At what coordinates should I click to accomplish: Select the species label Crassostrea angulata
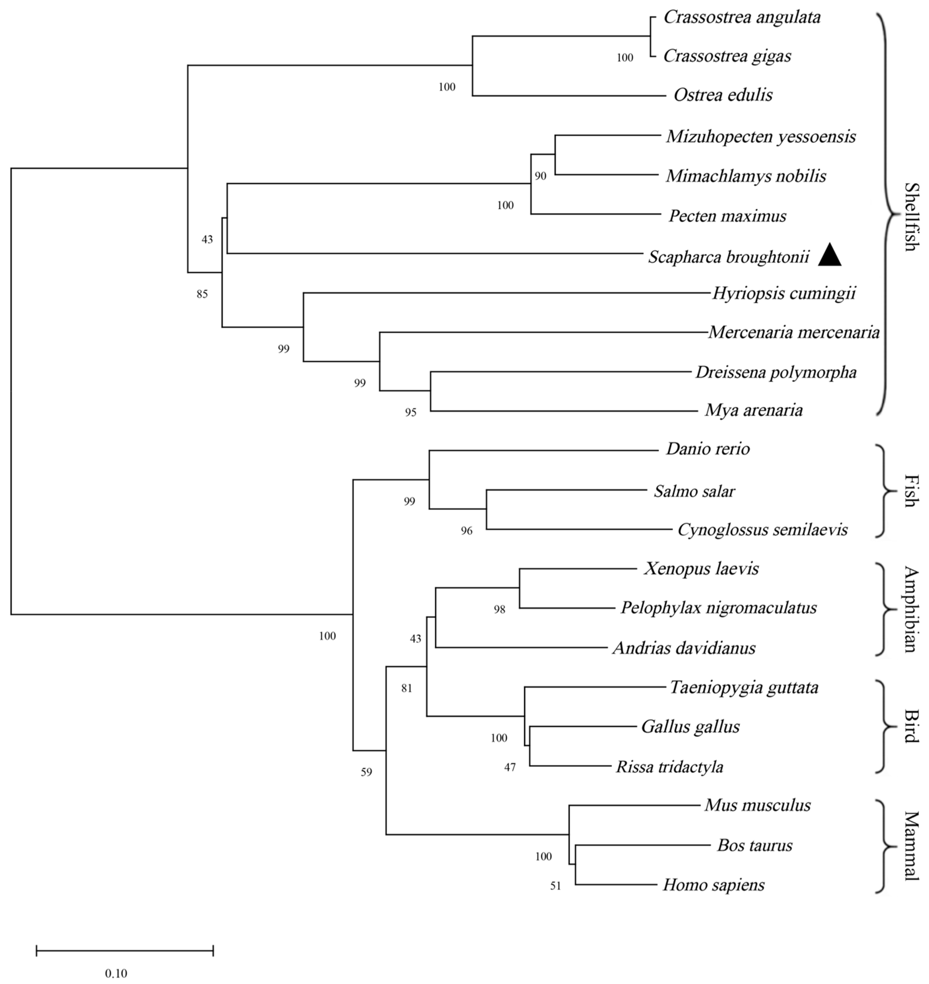point(742,17)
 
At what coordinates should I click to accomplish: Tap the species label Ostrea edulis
point(723,95)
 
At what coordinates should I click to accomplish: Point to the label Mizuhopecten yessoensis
point(761,136)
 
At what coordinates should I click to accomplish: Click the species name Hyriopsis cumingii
point(784,293)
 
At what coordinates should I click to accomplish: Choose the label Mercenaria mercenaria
point(794,332)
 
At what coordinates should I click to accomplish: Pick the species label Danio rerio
point(708,449)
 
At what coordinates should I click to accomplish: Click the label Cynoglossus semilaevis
point(762,530)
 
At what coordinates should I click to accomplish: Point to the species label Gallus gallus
point(690,727)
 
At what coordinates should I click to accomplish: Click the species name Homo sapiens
point(713,885)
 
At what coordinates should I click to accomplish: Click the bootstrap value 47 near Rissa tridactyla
point(509,767)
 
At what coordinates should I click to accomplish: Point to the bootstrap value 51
point(556,886)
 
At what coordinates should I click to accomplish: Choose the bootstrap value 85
point(202,294)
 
